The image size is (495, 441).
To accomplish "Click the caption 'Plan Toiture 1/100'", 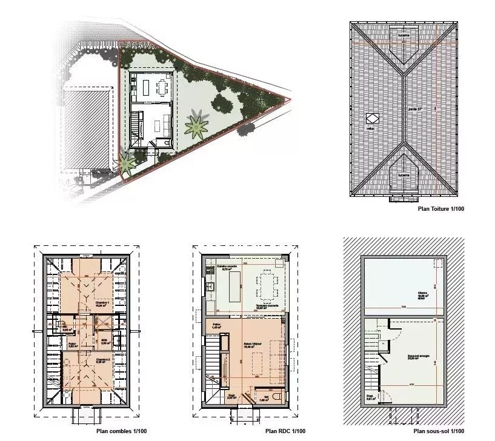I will point(441,208).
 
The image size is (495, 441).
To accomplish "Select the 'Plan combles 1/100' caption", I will point(121,431).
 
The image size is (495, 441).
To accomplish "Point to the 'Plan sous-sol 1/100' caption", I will point(439,431).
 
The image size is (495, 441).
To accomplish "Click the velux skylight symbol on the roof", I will point(371,119).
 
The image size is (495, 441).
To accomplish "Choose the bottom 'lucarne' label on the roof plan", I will point(404,174).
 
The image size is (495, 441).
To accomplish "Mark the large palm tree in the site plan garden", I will point(197,125).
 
